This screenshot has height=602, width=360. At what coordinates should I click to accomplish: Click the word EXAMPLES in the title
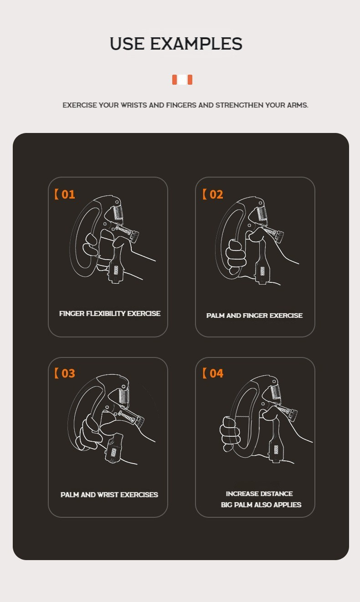tap(196, 44)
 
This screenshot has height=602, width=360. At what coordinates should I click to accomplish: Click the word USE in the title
tap(127, 44)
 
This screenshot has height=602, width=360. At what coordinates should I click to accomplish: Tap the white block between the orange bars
tap(182, 80)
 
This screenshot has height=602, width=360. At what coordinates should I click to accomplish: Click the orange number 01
tap(68, 194)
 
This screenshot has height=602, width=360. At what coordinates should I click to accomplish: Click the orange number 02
tap(216, 194)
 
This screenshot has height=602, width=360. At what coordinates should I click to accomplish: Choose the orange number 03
tap(68, 373)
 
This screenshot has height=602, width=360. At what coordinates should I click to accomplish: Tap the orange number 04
tap(216, 373)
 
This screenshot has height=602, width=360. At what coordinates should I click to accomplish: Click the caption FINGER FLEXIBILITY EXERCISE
tap(109, 314)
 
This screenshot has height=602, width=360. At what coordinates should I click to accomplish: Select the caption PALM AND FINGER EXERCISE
tap(254, 316)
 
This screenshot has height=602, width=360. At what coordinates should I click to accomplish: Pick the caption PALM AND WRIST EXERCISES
tap(109, 495)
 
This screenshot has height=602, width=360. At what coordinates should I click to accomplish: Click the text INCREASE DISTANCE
tap(259, 494)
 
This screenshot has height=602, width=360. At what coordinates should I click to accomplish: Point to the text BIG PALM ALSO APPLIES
tap(261, 505)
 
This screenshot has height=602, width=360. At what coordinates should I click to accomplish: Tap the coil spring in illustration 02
tap(263, 212)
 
